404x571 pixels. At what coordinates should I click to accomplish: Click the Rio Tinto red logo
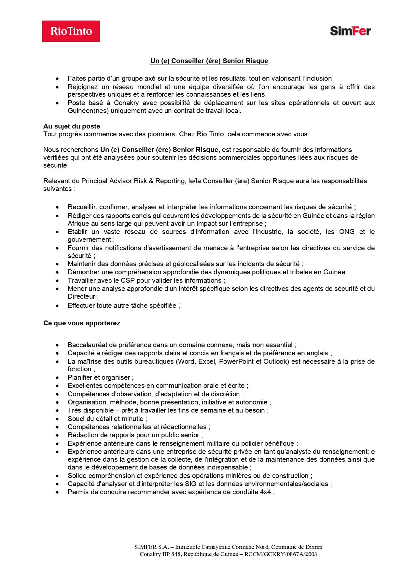71,31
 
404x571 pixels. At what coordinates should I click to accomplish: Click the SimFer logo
350,31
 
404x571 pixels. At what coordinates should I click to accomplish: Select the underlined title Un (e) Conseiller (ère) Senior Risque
209,61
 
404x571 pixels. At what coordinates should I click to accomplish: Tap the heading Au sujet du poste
72,126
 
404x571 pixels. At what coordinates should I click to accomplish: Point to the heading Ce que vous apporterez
82,323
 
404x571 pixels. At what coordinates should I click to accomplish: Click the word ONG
347,232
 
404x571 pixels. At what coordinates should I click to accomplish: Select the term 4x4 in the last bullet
265,492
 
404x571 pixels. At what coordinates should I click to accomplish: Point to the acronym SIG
191,484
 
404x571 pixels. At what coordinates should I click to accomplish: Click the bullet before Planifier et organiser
57,378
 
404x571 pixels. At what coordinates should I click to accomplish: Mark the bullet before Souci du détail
57,419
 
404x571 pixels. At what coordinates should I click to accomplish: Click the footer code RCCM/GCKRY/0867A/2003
281,554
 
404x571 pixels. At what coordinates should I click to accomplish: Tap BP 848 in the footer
172,554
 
